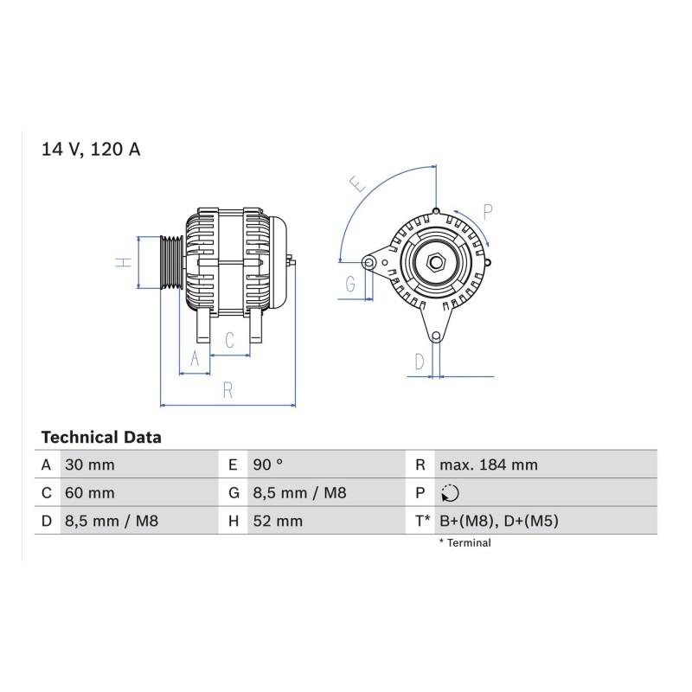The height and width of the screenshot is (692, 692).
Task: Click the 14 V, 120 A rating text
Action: pyautogui.click(x=91, y=150)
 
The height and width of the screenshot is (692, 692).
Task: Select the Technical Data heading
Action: pyautogui.click(x=101, y=438)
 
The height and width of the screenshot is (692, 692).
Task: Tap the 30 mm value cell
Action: pyautogui.click(x=90, y=465)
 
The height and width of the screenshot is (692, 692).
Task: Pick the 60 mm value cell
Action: pyautogui.click(x=90, y=492)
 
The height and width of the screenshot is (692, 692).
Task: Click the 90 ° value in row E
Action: pyautogui.click(x=268, y=465)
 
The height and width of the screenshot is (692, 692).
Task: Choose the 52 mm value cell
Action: pyautogui.click(x=278, y=521)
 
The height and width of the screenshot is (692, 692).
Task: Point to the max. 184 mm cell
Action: pyautogui.click(x=489, y=465)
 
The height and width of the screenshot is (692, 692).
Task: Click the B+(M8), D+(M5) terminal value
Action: pyautogui.click(x=499, y=521)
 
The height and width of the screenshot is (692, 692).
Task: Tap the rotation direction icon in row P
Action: pyautogui.click(x=450, y=493)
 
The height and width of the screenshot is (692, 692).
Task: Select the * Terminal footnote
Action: pyautogui.click(x=465, y=543)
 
